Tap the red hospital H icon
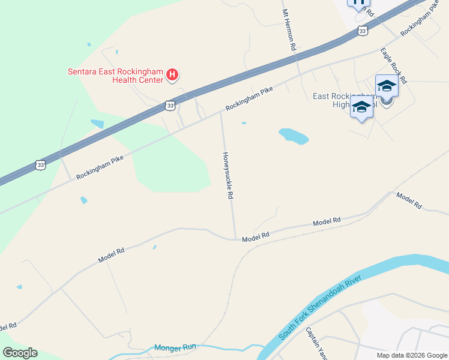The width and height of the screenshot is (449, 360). (x=172, y=75)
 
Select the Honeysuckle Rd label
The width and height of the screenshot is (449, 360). (x=228, y=175)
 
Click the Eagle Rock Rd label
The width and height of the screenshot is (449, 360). (x=394, y=65)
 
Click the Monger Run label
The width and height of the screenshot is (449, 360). (x=175, y=347)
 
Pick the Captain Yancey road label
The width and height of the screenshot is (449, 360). (x=316, y=343)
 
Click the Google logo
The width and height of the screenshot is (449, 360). (x=20, y=353)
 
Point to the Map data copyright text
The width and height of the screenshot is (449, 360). (x=412, y=355)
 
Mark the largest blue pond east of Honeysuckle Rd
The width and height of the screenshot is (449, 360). (x=294, y=136)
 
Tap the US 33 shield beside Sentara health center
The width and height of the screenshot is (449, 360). (x=170, y=106)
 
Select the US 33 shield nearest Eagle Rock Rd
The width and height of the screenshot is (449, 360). (x=361, y=31)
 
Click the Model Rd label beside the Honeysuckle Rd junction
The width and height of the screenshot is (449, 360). (x=256, y=238)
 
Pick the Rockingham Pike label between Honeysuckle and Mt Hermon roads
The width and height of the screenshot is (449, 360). (x=249, y=98)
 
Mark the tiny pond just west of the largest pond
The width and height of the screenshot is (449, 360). (x=243, y=123)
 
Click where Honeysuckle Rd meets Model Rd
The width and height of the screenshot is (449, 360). (x=235, y=239)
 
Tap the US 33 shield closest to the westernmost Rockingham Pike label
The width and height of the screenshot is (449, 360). (x=41, y=164)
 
